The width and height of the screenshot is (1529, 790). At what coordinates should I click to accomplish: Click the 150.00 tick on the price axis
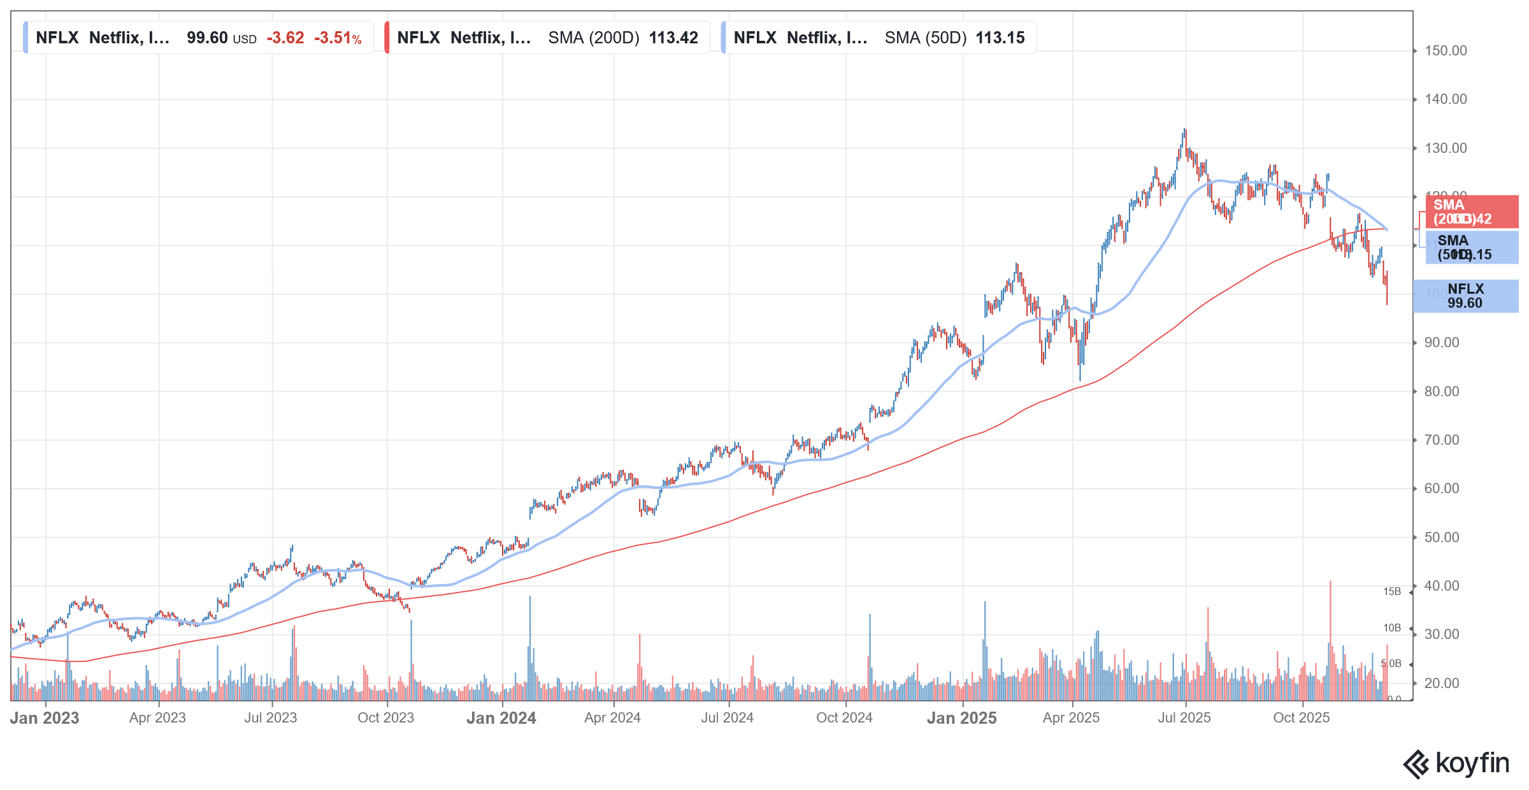pyautogui.click(x=1445, y=50)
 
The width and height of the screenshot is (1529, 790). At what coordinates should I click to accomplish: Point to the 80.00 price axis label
pyautogui.click(x=1441, y=391)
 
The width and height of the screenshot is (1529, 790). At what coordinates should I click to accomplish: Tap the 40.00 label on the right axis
pyautogui.click(x=1441, y=585)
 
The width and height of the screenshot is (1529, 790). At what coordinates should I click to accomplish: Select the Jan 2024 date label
pyautogui.click(x=501, y=718)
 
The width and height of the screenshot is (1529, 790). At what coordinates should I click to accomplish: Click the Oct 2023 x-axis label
pyautogui.click(x=385, y=717)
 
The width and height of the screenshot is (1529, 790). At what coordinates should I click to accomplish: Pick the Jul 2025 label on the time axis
pyautogui.click(x=1184, y=717)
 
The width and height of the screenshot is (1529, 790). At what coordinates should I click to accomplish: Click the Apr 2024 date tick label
pyautogui.click(x=612, y=717)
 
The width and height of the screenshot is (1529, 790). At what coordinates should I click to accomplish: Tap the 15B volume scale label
pyautogui.click(x=1391, y=591)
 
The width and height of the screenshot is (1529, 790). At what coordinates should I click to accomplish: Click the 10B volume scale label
pyautogui.click(x=1391, y=628)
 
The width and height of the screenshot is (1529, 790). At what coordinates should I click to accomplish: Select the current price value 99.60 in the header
pyautogui.click(x=207, y=38)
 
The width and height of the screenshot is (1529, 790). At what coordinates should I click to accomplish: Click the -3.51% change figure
pyautogui.click(x=338, y=38)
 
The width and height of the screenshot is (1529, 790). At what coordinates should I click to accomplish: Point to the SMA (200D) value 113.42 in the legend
pyautogui.click(x=673, y=38)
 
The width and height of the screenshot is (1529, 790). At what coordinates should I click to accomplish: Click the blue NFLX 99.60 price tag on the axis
pyautogui.click(x=1465, y=296)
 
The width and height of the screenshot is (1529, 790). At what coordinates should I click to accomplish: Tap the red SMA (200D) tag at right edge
pyautogui.click(x=1465, y=212)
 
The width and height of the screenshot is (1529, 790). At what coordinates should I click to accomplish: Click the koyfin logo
pyautogui.click(x=1456, y=763)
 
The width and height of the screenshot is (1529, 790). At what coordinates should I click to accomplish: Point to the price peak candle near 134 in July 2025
pyautogui.click(x=1185, y=134)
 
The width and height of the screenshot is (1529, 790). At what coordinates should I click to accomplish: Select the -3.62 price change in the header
pyautogui.click(x=285, y=38)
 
